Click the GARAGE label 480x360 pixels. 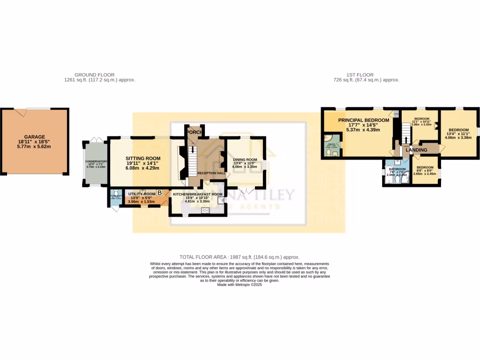coord(35,137)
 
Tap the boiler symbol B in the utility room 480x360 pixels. coord(160,193)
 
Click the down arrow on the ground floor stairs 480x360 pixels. coord(191,151)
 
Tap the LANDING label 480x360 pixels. coord(420,150)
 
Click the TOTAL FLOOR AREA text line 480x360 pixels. coord(240,257)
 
